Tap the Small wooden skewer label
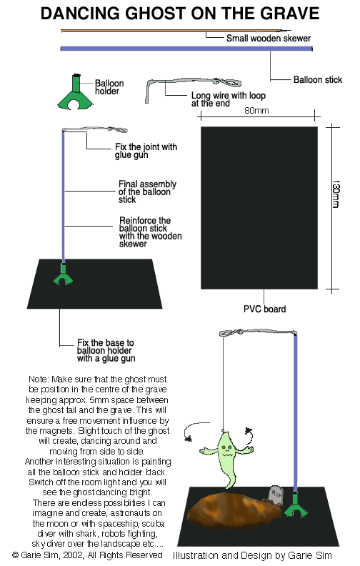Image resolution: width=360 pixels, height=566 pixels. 269,38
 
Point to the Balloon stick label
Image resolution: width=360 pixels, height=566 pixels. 317,79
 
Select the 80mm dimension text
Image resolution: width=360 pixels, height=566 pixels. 256,111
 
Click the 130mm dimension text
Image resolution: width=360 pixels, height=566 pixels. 336,194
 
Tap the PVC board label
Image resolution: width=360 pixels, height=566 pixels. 264,309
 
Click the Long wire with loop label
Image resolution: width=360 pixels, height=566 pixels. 228,99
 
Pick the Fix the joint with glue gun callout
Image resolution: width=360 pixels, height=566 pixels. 146,151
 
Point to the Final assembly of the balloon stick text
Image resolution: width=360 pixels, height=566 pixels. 147,192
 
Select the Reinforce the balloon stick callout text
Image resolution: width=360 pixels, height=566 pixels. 150,232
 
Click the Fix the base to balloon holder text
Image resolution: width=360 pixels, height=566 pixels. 106,350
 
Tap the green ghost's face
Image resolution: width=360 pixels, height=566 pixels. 226,450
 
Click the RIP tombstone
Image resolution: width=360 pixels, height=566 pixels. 276,495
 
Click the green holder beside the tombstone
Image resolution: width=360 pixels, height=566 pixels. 296,505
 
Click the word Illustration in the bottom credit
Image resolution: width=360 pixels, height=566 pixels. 196,555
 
